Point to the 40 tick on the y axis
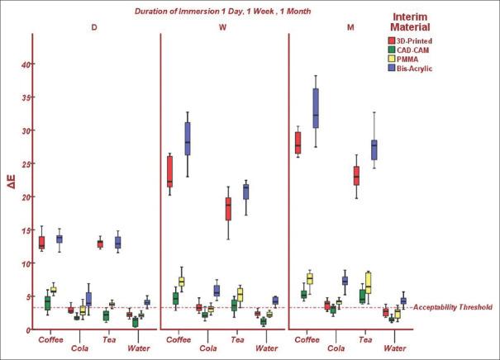point(26,64)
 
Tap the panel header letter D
point(94,26)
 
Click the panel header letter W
point(224,26)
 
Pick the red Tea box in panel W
point(228,209)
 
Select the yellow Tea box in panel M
point(368,282)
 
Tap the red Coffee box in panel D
point(41,243)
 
